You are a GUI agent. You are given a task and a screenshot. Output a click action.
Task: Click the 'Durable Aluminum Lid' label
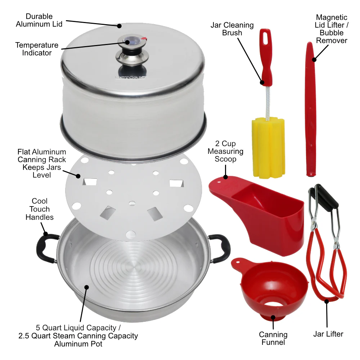pos(39,20)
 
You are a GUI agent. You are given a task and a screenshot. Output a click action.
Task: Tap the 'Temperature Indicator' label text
pos(37,49)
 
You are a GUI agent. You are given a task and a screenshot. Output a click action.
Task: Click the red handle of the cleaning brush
pos(266,58)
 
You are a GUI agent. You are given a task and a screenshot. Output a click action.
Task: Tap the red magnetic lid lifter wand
pos(310,108)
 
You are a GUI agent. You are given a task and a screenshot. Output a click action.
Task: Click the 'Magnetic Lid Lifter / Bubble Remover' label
pos(332,29)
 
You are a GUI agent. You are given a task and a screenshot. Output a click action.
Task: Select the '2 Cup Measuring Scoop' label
pos(225,151)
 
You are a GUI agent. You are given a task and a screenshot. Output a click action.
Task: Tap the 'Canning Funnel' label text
pos(273,339)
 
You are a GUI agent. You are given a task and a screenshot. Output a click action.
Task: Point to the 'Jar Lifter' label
pos(328,334)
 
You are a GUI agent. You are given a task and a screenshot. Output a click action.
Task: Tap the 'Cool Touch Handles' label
pos(40,209)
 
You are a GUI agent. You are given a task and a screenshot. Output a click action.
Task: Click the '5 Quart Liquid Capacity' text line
pos(78,328)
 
